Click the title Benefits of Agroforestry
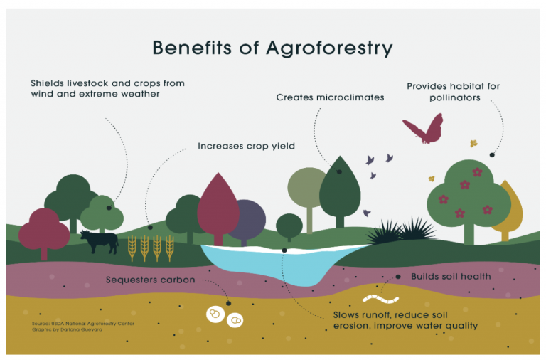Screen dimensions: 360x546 pyautogui.click(x=272, y=48)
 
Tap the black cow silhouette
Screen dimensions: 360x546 pyautogui.click(x=99, y=242)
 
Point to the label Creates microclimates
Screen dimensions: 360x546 pyautogui.click(x=330, y=97)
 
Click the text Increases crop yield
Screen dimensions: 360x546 pyautogui.click(x=246, y=147)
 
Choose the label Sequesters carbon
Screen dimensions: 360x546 pyautogui.click(x=150, y=280)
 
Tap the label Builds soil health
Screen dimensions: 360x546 pyautogui.click(x=451, y=276)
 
